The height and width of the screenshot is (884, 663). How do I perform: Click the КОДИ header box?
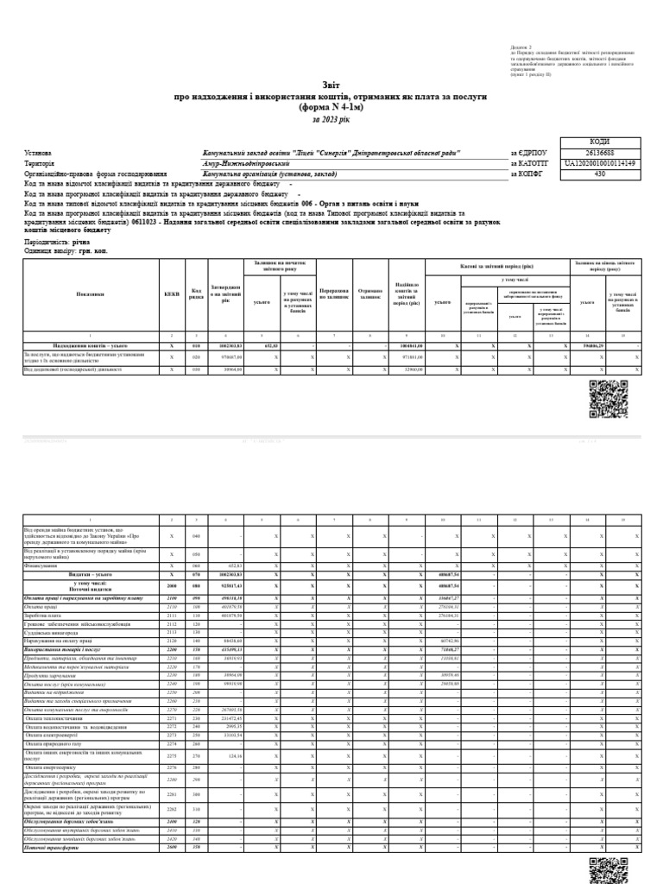599,142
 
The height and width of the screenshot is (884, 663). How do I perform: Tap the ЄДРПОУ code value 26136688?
599,152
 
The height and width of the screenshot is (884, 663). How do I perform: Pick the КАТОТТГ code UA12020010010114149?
599,162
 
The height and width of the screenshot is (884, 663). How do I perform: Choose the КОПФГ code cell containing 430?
599,173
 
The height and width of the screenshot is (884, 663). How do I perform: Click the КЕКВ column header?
171,294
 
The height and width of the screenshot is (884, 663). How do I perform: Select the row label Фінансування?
40,565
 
